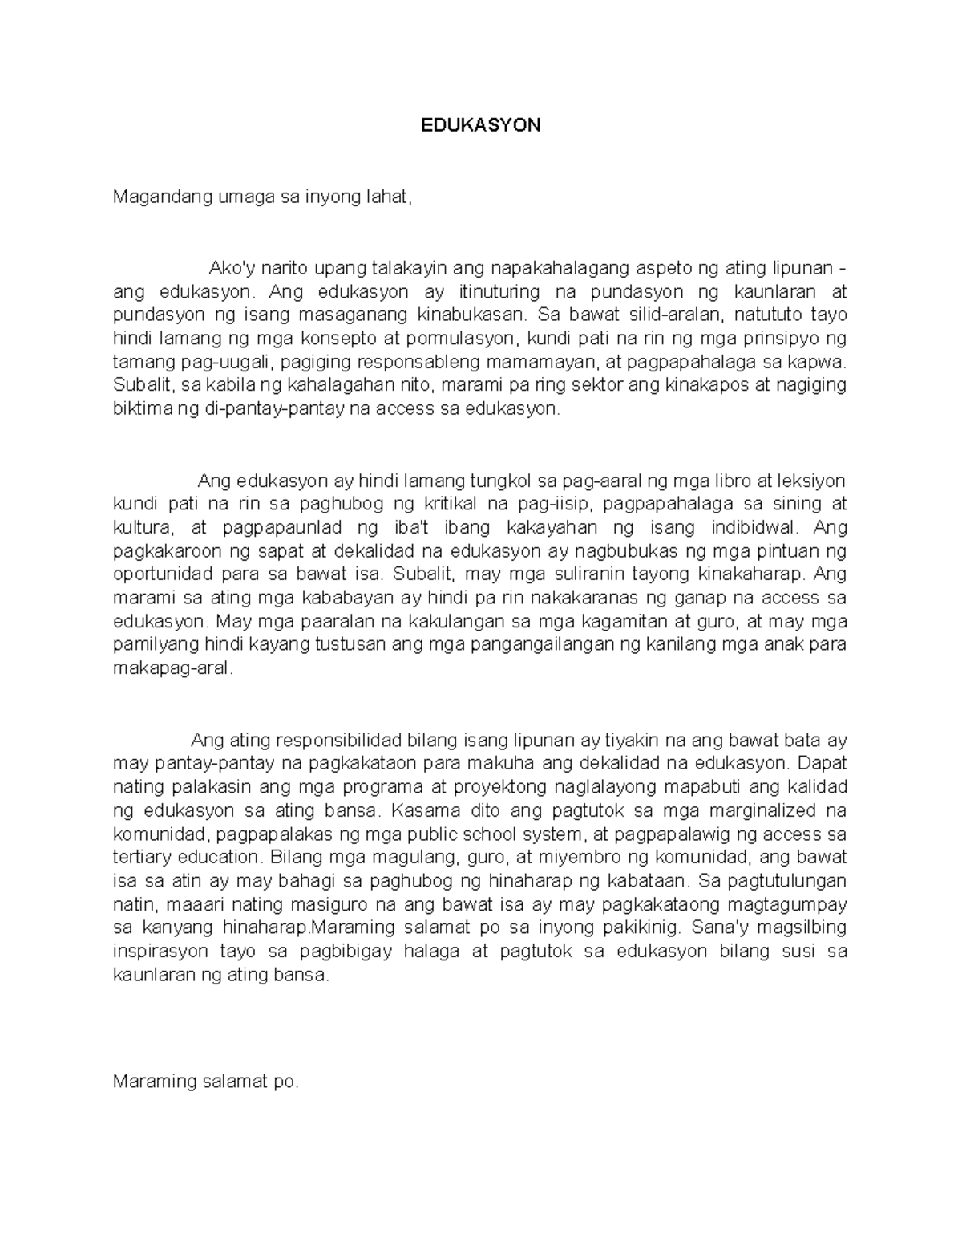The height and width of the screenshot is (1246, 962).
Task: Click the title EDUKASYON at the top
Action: click(x=481, y=125)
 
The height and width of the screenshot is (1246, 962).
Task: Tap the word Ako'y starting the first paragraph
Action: click(x=229, y=267)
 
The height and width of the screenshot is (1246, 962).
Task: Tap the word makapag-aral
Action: click(x=172, y=668)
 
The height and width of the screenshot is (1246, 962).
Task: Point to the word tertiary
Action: click(x=141, y=858)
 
